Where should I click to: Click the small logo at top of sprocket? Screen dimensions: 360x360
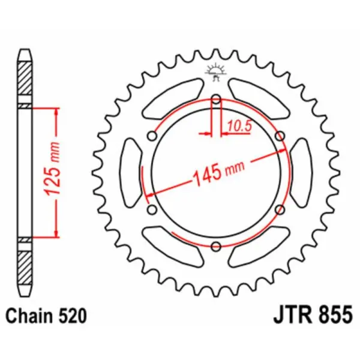[x=215, y=71]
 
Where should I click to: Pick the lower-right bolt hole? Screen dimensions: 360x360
[x=279, y=208]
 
